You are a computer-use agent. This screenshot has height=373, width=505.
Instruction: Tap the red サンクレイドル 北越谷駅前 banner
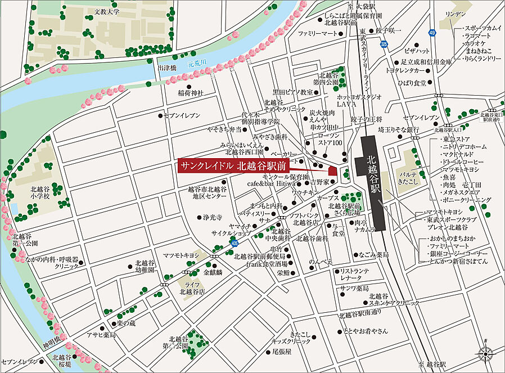tap(233, 165)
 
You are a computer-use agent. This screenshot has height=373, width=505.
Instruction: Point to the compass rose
tap(485, 353)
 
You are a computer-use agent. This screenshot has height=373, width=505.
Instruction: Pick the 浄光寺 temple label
tap(213, 217)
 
